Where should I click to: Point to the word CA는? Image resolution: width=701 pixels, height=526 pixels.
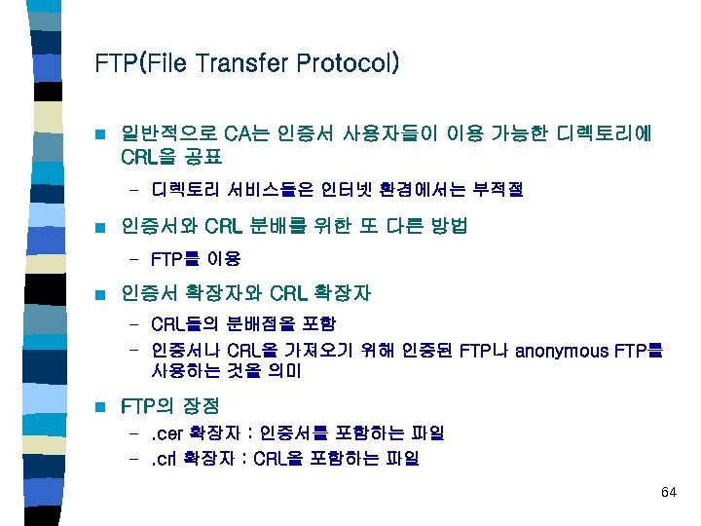pyautogui.click(x=245, y=132)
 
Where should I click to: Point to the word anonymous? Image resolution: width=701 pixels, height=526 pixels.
pyautogui.click(x=568, y=350)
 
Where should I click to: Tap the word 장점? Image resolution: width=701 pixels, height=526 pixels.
pyautogui.click(x=198, y=405)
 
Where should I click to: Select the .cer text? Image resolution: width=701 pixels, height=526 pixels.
pyautogui.click(x=166, y=433)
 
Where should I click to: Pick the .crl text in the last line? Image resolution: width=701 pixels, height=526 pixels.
pyautogui.click(x=165, y=458)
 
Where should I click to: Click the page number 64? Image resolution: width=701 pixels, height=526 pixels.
pyautogui.click(x=667, y=492)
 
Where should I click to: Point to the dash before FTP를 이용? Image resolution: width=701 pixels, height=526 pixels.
pyautogui.click(x=134, y=261)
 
